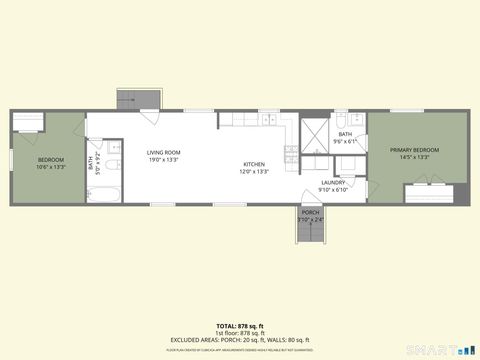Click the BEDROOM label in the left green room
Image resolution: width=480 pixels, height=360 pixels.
click(51, 160)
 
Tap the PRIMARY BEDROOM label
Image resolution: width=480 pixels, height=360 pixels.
click(415, 150)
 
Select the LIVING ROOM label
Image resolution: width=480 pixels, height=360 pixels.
click(163, 152)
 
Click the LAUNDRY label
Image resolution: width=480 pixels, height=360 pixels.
click(332, 183)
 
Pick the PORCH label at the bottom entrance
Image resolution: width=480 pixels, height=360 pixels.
click(311, 213)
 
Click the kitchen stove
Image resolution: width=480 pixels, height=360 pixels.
click(290, 155)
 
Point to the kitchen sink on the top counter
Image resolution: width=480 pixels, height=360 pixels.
click(268, 120)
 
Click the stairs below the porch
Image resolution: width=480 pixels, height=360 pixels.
click(311, 233)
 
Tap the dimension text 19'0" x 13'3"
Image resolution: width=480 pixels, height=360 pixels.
click(163, 159)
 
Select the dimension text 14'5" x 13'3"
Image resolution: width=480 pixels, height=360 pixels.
click(415, 157)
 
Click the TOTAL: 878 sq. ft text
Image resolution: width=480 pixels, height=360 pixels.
click(240, 326)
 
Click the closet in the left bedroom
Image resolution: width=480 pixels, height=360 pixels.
click(28, 123)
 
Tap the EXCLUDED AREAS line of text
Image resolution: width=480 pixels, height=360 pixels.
click(240, 339)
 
